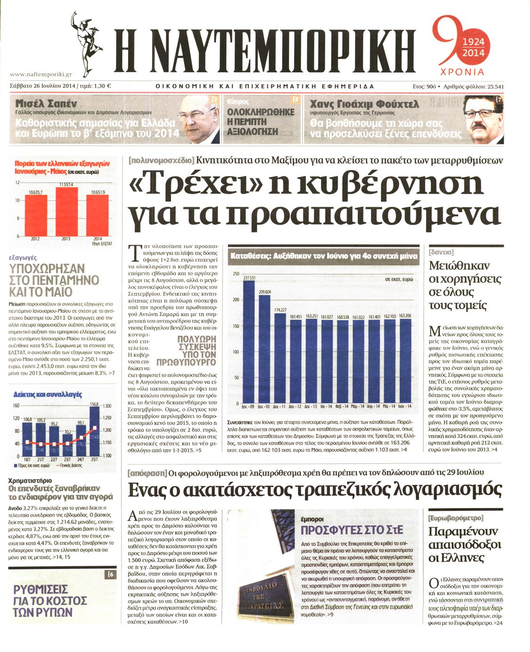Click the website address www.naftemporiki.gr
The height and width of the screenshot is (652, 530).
click(x=40, y=74)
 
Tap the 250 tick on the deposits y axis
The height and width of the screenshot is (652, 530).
click(x=236, y=274)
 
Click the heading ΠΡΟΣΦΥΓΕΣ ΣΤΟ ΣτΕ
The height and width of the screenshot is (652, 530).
click(x=352, y=530)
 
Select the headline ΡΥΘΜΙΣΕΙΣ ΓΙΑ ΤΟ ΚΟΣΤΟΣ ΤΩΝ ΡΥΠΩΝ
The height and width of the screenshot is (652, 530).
click(x=49, y=601)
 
